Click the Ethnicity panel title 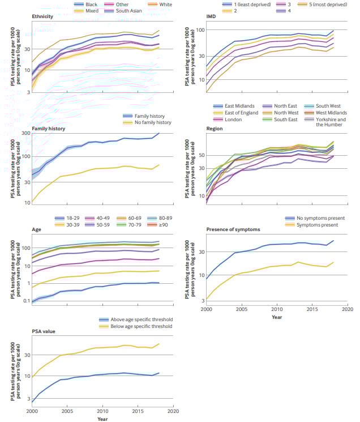pos(43,16)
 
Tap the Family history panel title pos(49,129)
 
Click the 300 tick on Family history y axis pos(25,133)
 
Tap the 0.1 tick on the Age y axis pos(25,301)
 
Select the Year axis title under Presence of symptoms pos(276,317)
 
